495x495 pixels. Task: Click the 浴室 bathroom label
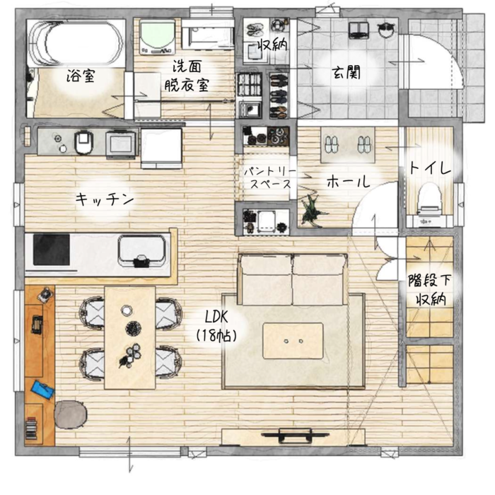[x=81, y=76]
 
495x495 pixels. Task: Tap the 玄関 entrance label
[x=346, y=73]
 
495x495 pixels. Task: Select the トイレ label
[x=430, y=168]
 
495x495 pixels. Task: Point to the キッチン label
[x=105, y=199]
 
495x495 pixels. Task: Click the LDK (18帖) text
[x=216, y=326]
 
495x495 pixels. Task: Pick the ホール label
[x=348, y=182]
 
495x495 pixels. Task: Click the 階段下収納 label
[x=430, y=289]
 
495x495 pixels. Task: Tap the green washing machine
[x=158, y=37]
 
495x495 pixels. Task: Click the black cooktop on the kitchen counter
[x=52, y=250]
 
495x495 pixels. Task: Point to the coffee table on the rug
[x=293, y=341]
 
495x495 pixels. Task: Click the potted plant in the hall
[x=311, y=211]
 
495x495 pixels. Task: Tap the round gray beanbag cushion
[x=71, y=414]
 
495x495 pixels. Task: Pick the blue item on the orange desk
[x=42, y=390]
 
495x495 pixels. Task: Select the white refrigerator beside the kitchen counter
[x=162, y=148]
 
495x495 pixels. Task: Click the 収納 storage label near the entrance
[x=273, y=45]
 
